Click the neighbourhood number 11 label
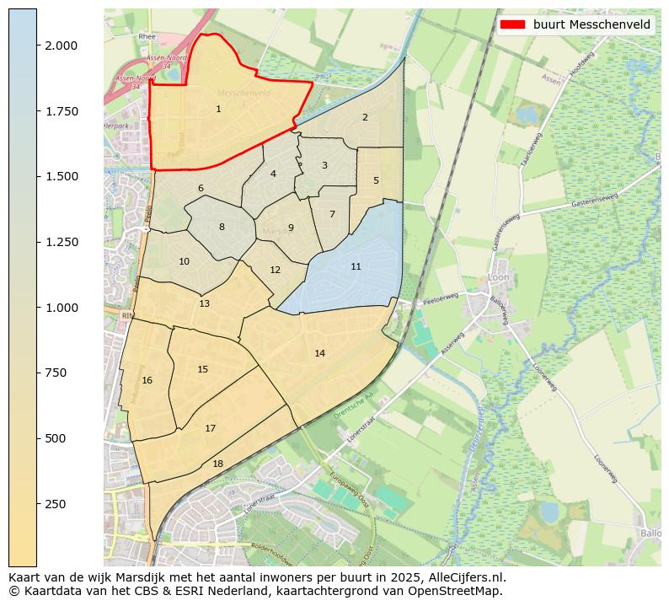click(356, 266)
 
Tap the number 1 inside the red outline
click(218, 109)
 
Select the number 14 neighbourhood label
click(319, 353)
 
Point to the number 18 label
click(217, 464)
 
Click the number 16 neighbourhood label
click(147, 380)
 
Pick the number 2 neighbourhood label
click(365, 117)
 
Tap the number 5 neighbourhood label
click(376, 180)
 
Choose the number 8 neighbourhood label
click(222, 227)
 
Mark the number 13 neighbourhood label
click(205, 303)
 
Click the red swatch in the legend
click(512, 24)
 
